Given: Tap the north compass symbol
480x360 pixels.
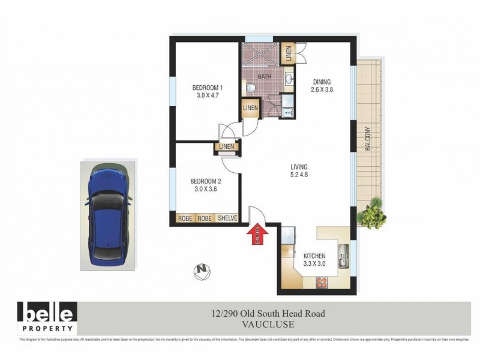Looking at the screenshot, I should click(203, 271).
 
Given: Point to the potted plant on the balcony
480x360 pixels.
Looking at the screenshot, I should click(371, 214).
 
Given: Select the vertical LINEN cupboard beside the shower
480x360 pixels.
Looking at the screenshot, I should click(288, 55).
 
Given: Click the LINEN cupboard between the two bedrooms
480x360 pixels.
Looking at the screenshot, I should click(227, 146).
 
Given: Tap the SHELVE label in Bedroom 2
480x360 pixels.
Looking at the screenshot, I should click(227, 219).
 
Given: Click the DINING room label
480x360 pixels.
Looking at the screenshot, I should click(322, 82).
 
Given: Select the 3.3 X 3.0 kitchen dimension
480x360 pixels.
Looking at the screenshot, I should click(314, 263).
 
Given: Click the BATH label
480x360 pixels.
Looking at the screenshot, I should click(265, 77).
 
